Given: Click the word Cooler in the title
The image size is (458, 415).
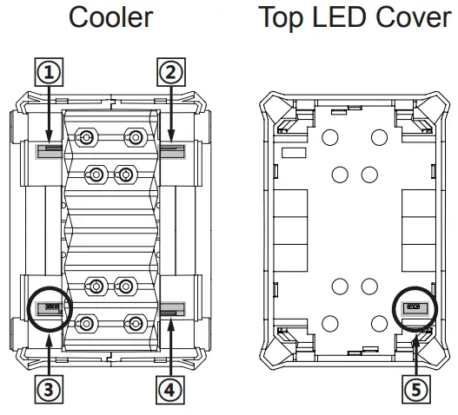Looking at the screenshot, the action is point(110,17).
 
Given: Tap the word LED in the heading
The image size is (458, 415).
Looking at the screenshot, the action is point(339,16).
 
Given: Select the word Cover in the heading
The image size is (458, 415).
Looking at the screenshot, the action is point(414,16).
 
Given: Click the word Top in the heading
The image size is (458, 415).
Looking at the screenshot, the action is point(281,19).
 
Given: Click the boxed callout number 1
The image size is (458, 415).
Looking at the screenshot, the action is point(49,72).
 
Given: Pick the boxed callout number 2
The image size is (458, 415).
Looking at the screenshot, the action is point(171,72).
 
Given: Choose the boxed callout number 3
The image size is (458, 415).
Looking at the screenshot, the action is point(49,390).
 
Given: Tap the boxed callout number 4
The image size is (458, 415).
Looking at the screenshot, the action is point(170,390).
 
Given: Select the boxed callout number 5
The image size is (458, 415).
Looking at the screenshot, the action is point(416,390).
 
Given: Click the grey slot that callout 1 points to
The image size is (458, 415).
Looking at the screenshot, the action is point(49,151).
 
